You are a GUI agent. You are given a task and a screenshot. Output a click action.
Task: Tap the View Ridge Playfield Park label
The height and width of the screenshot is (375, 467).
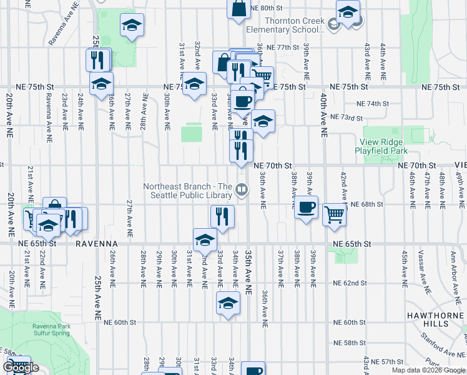coord(381,147)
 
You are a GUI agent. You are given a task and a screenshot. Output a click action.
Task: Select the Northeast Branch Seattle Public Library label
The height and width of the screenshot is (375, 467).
coord(187,191)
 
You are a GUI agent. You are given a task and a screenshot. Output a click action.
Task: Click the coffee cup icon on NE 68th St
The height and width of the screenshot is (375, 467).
coord(306,207)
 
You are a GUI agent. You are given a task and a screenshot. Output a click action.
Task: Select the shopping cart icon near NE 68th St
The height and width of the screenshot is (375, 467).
coord(335,214)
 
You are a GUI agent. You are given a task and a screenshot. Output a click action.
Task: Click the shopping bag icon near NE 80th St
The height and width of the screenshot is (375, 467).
coord(239,9)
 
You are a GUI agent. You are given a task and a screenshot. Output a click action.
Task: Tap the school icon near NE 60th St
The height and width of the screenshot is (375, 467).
coord(228,304)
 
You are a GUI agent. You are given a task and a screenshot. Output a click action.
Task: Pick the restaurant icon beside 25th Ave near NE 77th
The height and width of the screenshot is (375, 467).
coord(97,59)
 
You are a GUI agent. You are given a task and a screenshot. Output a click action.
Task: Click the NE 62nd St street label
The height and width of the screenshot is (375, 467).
coord(350,283)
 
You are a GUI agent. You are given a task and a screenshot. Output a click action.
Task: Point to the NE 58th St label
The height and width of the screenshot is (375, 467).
coord(350,343)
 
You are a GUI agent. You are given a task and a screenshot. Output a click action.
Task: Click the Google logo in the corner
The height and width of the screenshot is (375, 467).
coord(21,368)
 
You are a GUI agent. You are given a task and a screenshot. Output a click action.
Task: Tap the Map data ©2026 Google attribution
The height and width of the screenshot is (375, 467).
coord(428,370)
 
